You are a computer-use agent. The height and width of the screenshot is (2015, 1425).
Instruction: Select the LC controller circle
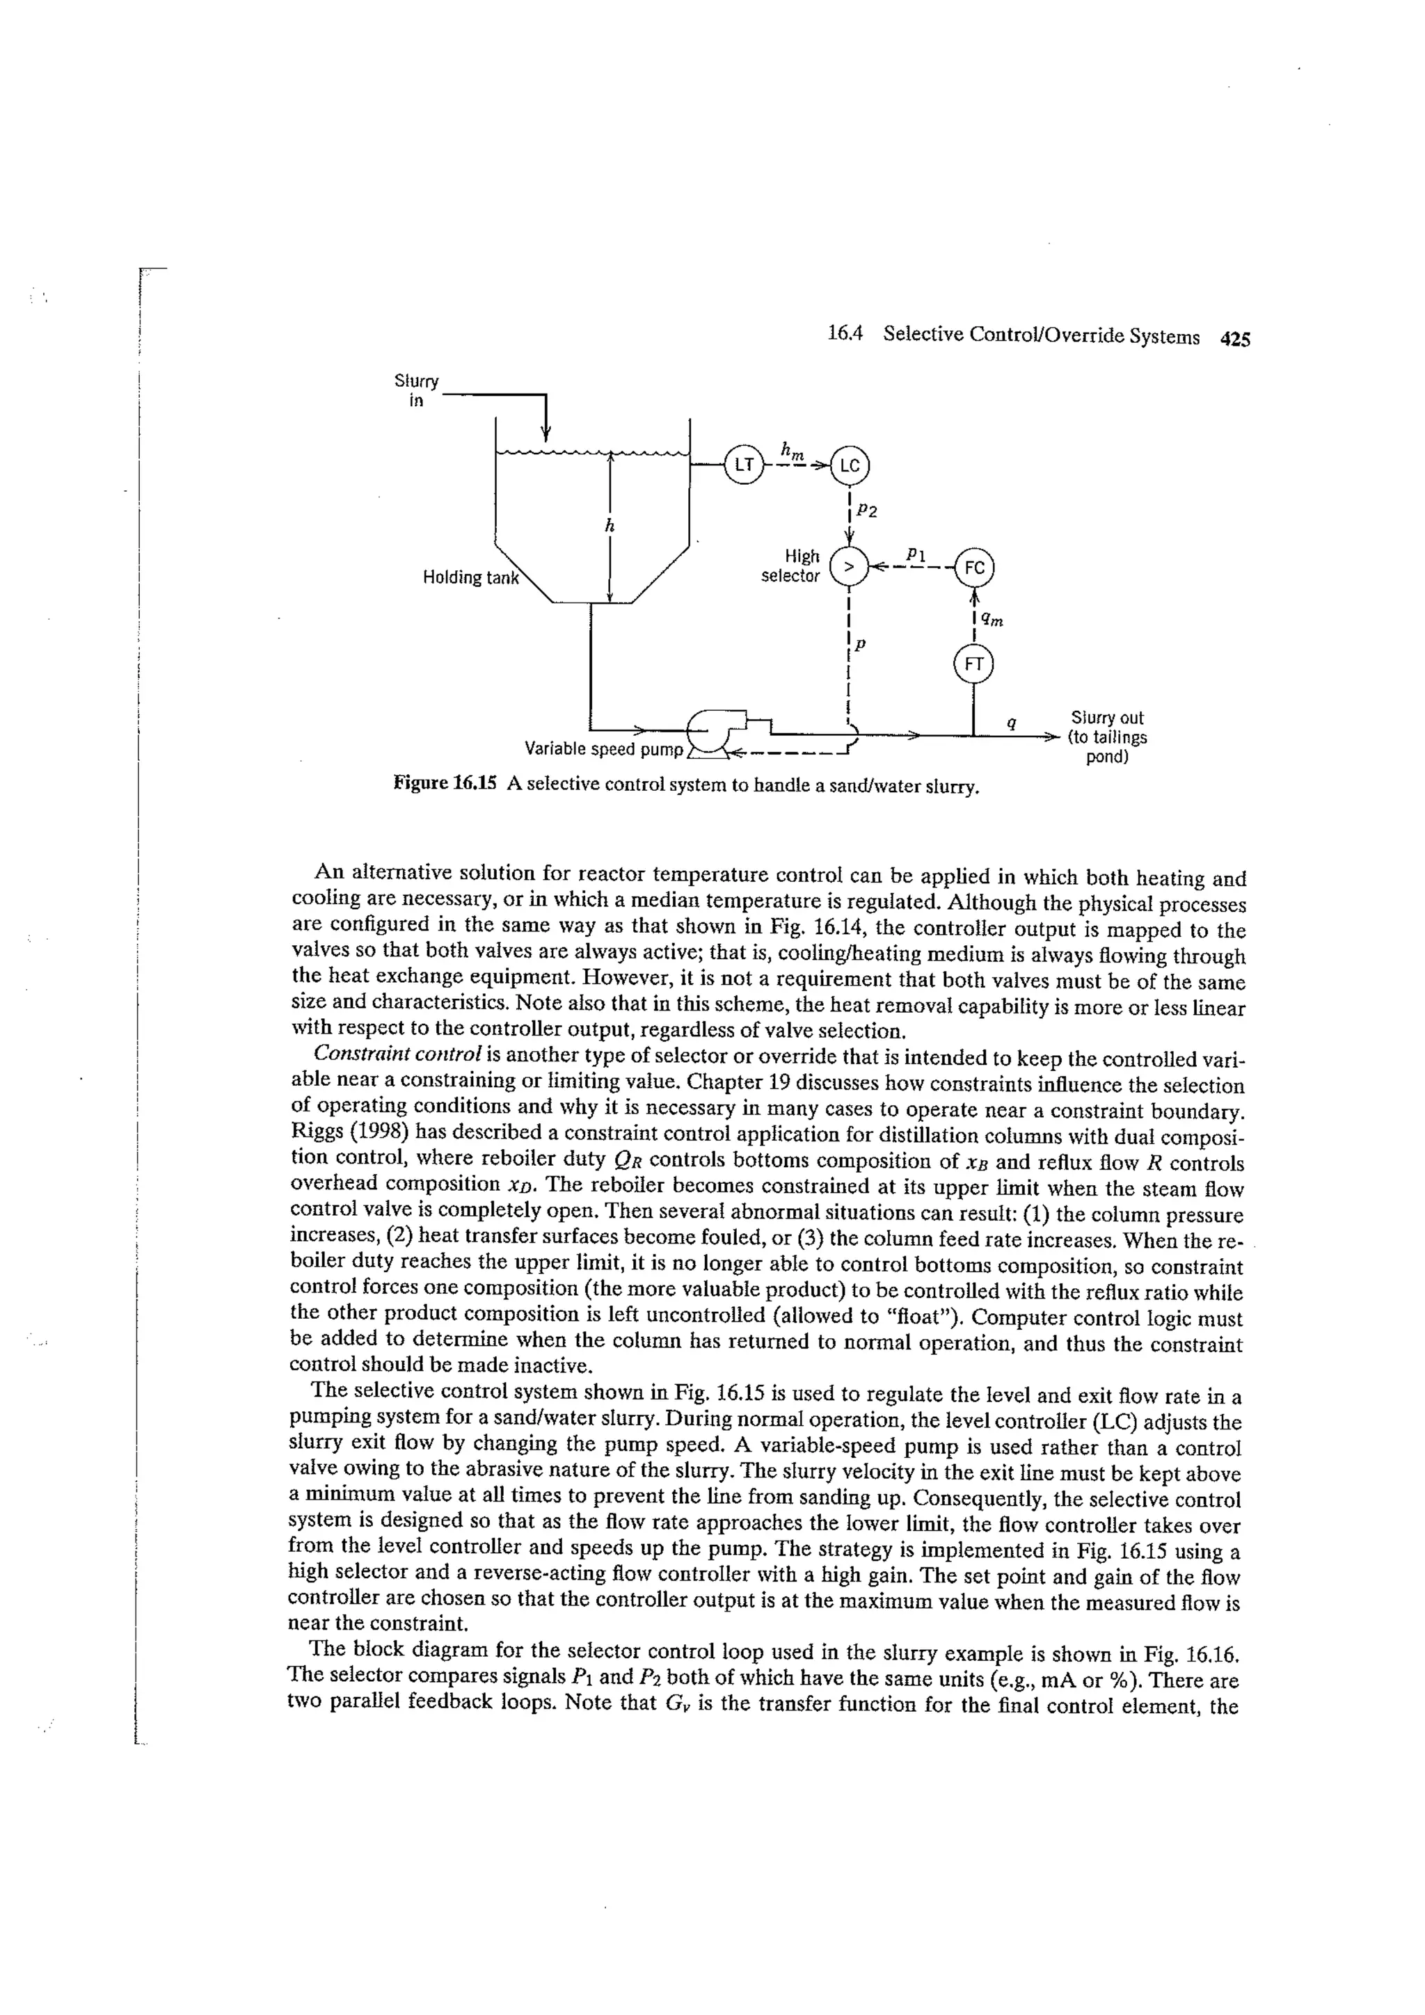point(848,466)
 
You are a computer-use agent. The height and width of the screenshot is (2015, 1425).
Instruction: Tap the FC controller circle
point(973,567)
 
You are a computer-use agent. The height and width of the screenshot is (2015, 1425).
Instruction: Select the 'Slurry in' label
point(416,390)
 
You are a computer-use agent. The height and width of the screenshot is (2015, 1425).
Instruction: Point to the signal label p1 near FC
point(915,554)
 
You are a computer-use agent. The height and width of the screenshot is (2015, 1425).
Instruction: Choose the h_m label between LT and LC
point(792,451)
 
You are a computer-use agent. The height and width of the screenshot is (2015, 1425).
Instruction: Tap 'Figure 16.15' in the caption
point(445,784)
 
